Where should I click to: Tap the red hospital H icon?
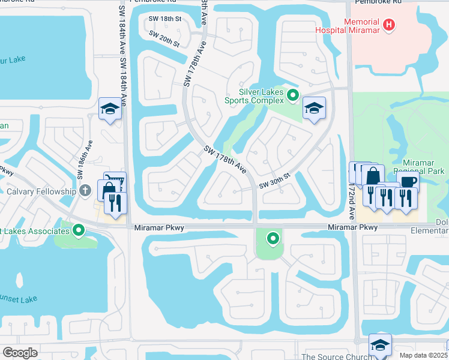click(x=390, y=25)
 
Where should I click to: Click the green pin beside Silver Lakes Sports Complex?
click(x=293, y=95)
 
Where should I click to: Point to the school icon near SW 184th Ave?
click(x=110, y=109)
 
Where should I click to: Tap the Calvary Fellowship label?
click(x=38, y=192)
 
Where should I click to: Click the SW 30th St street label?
click(x=275, y=181)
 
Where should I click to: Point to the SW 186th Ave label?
click(x=83, y=161)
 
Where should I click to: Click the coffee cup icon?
click(x=409, y=181)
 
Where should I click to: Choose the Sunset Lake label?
click(x=17, y=299)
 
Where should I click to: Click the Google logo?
click(x=20, y=353)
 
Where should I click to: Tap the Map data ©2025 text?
click(x=422, y=355)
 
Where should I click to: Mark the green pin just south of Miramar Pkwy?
click(x=273, y=239)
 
